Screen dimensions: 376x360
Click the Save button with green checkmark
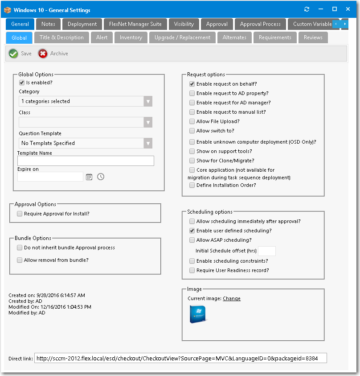point(20,54)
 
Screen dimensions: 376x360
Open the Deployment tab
point(82,24)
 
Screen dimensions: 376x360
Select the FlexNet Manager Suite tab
point(135,24)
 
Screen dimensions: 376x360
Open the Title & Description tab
point(61,37)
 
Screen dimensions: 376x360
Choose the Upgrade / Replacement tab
point(182,37)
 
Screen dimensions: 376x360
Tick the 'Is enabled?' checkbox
point(21,83)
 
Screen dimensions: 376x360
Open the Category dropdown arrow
point(148,101)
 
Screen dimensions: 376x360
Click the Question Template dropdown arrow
point(148,143)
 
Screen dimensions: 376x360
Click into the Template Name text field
point(86,161)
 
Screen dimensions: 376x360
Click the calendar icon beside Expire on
point(89,177)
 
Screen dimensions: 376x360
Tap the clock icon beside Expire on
point(101,177)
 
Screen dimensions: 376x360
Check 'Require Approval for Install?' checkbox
point(20,214)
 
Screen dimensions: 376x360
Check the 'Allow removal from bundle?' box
point(20,260)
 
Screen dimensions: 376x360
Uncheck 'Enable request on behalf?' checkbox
point(192,84)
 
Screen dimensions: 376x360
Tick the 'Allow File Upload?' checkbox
point(192,121)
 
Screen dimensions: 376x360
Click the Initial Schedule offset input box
point(266,251)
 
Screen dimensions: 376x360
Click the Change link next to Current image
point(231,299)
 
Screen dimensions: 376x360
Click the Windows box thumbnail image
point(197,314)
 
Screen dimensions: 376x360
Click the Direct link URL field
point(180,358)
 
